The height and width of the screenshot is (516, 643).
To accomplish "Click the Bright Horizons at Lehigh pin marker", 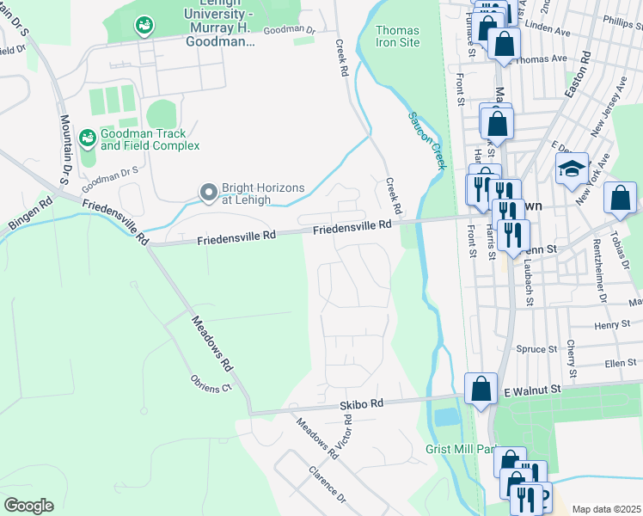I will point(208,193).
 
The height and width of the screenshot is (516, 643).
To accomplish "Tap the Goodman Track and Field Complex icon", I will point(87,138).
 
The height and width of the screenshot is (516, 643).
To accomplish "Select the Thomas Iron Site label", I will point(398,36).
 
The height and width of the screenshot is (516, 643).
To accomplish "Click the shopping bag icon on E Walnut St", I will point(481,389).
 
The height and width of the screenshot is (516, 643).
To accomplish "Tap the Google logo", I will point(28,506).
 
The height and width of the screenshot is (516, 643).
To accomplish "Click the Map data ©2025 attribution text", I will point(606,509).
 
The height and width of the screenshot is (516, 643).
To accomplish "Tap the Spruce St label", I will point(534,349).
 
